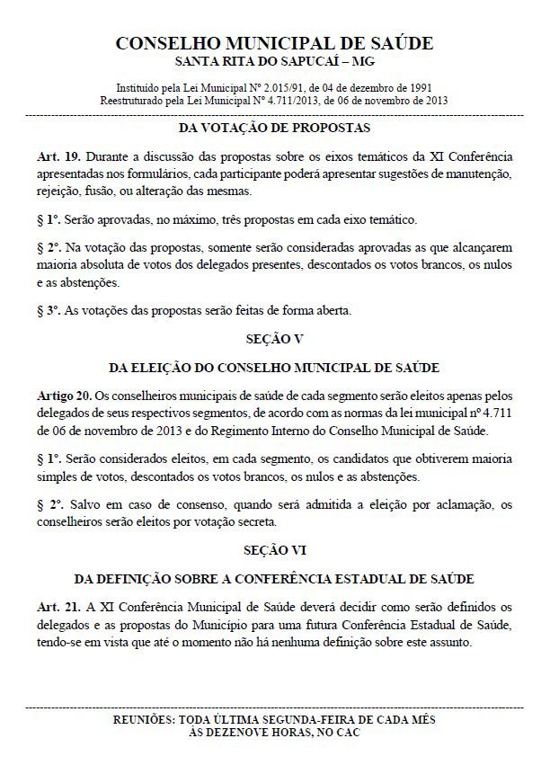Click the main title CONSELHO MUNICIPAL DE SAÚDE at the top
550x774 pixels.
(x=275, y=43)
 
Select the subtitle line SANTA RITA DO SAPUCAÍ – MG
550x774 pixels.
(x=275, y=61)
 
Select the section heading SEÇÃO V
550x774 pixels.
(x=275, y=341)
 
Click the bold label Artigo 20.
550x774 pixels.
(x=63, y=394)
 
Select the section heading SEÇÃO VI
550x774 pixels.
(x=275, y=549)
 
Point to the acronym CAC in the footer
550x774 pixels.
(x=349, y=733)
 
